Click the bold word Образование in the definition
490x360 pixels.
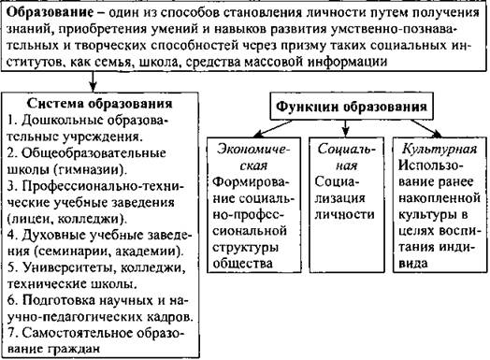pos(50,13)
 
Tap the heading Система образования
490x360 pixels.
pos(100,104)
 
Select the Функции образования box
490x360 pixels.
pos(352,107)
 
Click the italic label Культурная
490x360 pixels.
pos(440,149)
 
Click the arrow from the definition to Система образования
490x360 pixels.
pos(93,81)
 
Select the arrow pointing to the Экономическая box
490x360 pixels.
pos(272,129)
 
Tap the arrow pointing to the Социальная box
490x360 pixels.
pos(345,128)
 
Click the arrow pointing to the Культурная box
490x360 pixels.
pos(426,128)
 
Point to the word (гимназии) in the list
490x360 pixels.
pos(90,169)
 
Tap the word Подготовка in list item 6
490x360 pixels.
pos(60,301)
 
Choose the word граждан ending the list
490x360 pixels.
pos(74,349)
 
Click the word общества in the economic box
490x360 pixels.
pos(243,264)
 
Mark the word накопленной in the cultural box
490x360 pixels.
pos(440,198)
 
